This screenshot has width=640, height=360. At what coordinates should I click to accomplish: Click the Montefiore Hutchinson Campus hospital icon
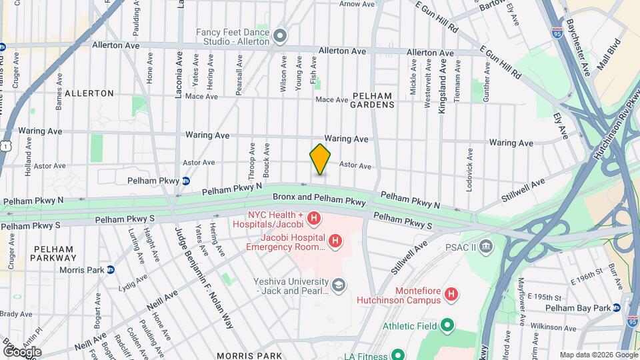coord(451,293)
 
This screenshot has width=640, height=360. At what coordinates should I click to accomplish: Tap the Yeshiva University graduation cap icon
coord(339,285)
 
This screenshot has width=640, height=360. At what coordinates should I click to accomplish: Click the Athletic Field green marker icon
coord(447,325)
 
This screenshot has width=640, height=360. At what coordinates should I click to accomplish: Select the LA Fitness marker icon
coord(397,355)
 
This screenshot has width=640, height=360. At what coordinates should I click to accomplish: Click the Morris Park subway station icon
coord(111,270)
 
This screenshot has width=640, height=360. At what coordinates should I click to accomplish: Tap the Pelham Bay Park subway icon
coord(617,307)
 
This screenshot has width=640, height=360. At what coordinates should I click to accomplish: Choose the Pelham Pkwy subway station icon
coord(187,180)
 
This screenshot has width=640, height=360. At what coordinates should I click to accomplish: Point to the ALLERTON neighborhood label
coord(89,93)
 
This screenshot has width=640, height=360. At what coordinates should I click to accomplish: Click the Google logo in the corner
coord(22,351)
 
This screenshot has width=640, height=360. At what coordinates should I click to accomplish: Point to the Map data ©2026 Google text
coord(598,355)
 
